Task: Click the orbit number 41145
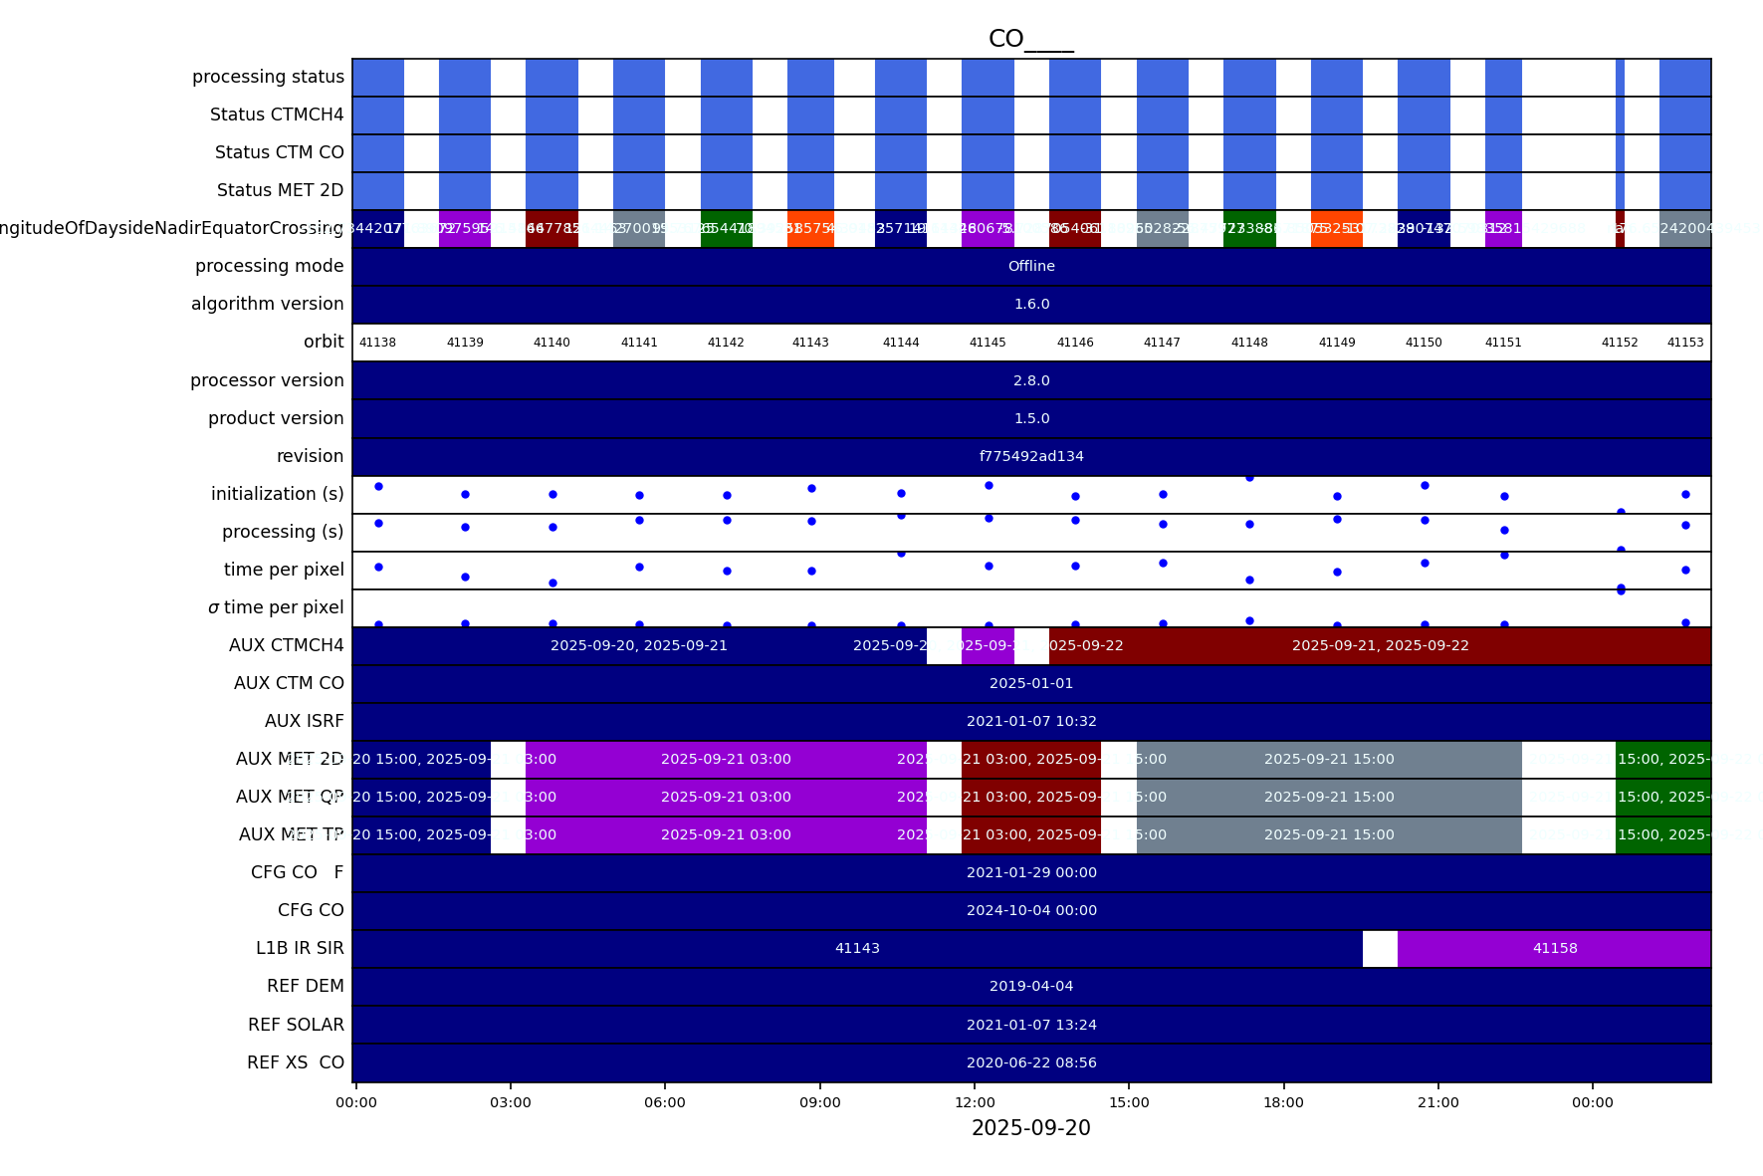[x=988, y=343]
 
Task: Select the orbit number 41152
[x=1620, y=343]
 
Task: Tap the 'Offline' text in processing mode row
[x=1031, y=267]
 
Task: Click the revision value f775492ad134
[x=1031, y=457]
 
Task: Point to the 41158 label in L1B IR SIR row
[x=1555, y=949]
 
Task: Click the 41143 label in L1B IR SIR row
[x=857, y=949]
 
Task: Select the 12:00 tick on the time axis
[x=975, y=1102]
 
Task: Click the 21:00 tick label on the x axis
[x=1438, y=1102]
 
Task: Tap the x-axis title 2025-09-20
[x=1031, y=1128]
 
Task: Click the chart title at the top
[x=1031, y=39]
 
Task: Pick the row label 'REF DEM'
[x=306, y=987]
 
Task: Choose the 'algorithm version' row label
[x=268, y=305]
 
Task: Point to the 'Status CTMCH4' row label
[x=277, y=116]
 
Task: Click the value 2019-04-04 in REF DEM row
[x=1031, y=987]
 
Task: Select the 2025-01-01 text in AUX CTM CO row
[x=1031, y=684]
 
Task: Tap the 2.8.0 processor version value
[x=1031, y=381]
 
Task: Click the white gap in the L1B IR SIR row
[x=1380, y=949]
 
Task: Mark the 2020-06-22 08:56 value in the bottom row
[x=1031, y=1063]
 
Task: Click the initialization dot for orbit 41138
[x=378, y=487]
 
